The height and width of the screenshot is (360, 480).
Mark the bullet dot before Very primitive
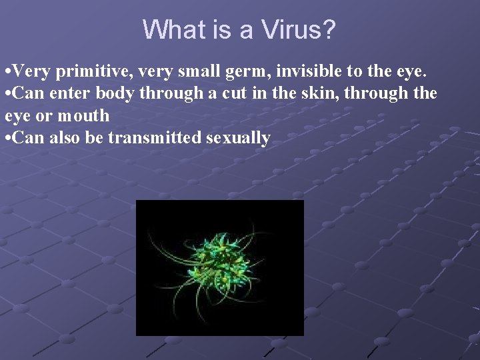pyautogui.click(x=7, y=71)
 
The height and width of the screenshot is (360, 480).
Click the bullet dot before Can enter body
pyautogui.click(x=7, y=94)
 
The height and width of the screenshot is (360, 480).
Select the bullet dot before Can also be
pyautogui.click(x=7, y=139)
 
